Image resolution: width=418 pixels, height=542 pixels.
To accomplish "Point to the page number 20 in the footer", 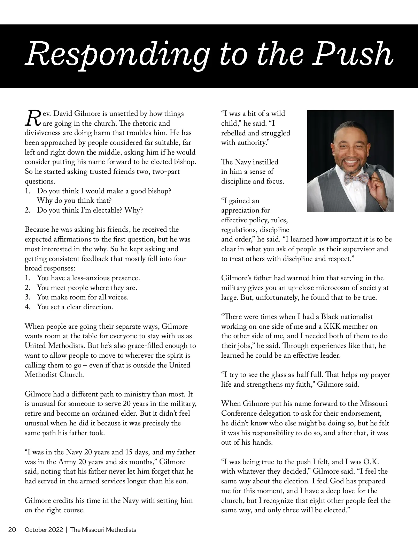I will [x=12, y=530].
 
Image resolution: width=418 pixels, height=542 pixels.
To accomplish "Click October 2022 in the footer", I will [x=44, y=530].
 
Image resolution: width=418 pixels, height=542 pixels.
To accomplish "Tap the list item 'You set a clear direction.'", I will [x=75, y=307].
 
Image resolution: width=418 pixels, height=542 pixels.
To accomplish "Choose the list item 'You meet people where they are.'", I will [x=87, y=288].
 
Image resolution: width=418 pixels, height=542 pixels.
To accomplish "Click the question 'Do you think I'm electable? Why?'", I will [x=90, y=210].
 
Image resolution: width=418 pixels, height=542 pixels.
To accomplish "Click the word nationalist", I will [x=356, y=317].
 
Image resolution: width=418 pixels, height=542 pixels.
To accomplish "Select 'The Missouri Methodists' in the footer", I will [x=103, y=530].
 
